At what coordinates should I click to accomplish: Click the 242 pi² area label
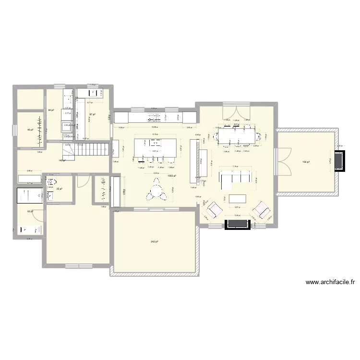coord(154,241)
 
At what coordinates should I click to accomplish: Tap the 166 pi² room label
coord(306,162)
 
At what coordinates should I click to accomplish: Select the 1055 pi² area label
coord(171,176)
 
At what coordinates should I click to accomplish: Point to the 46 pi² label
coord(29,130)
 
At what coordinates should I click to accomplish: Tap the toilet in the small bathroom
coord(53,181)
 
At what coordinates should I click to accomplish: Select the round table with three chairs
coord(156,190)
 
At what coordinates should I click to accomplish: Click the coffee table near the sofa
coord(237,198)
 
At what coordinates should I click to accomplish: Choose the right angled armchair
coord(261,209)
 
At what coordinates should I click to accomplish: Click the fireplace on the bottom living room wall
coord(237,224)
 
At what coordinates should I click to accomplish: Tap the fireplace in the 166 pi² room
coord(339,161)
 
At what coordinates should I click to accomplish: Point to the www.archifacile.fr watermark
coord(330,283)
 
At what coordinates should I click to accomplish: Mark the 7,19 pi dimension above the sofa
coord(235,167)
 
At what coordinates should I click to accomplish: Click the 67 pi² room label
coord(92,114)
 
